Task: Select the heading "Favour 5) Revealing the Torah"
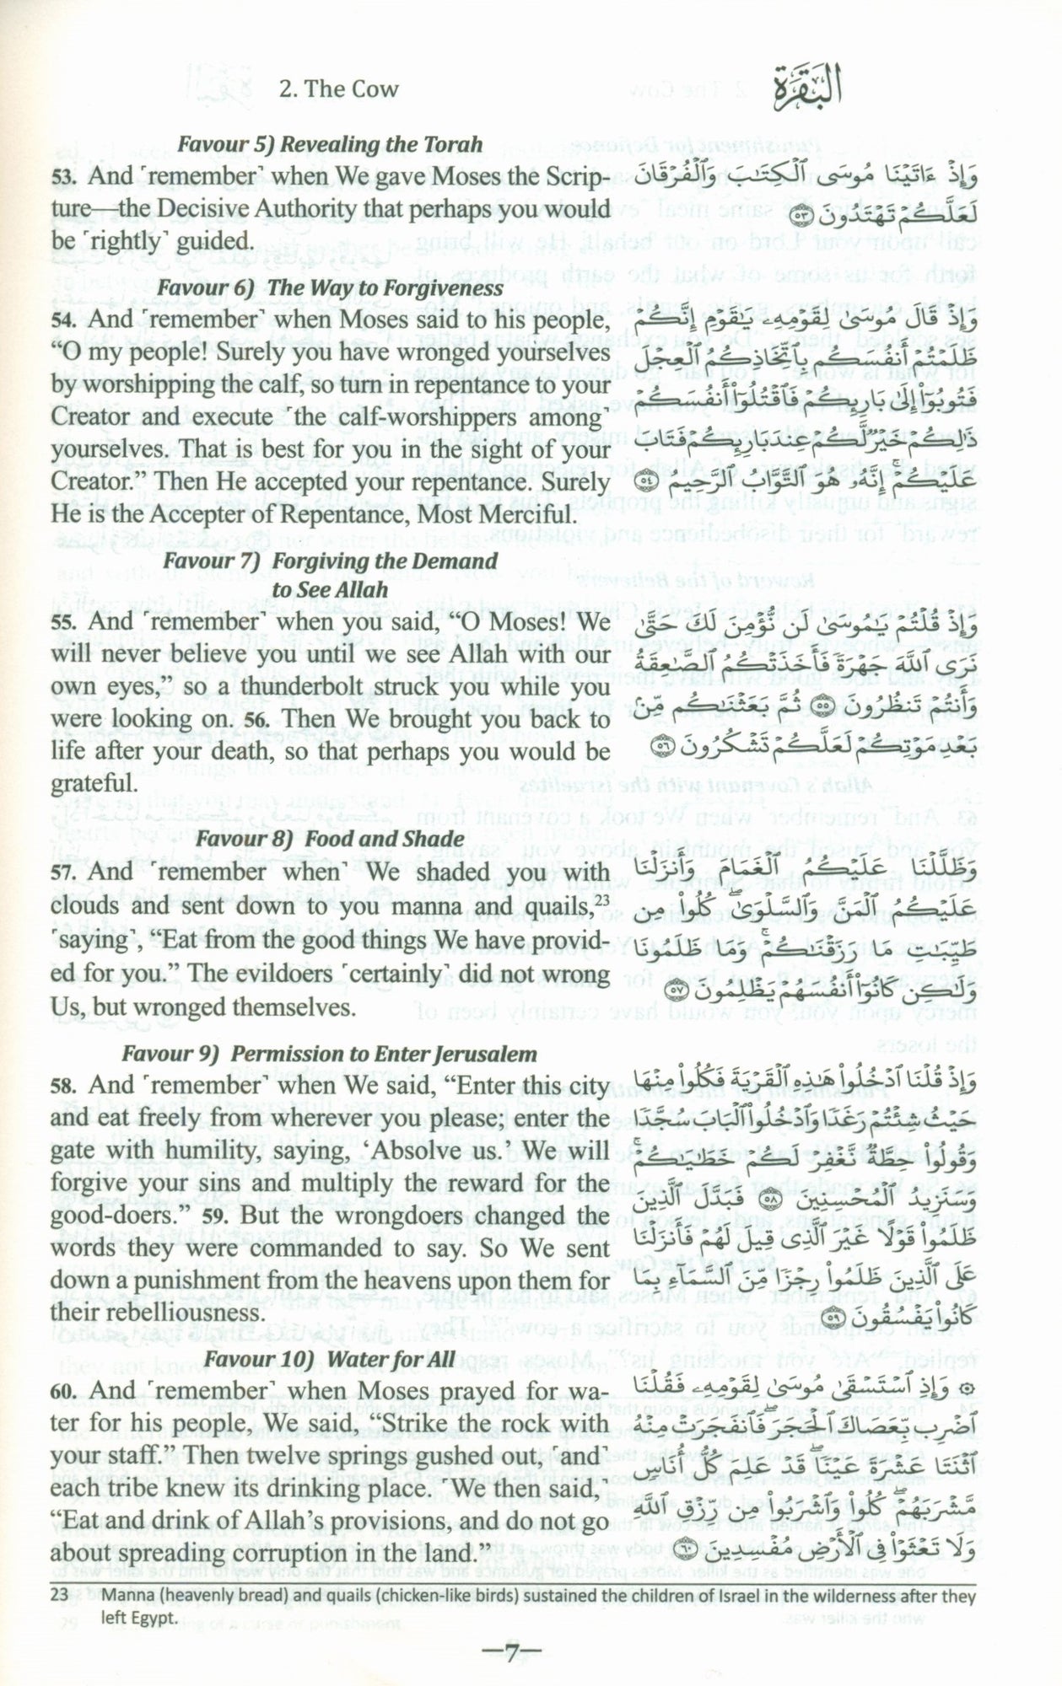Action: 330,145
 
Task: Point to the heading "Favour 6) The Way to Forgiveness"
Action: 330,288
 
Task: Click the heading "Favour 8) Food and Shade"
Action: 330,839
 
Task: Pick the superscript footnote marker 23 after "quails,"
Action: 600,899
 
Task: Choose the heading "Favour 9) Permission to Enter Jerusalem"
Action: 330,1054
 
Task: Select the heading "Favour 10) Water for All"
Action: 330,1383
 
